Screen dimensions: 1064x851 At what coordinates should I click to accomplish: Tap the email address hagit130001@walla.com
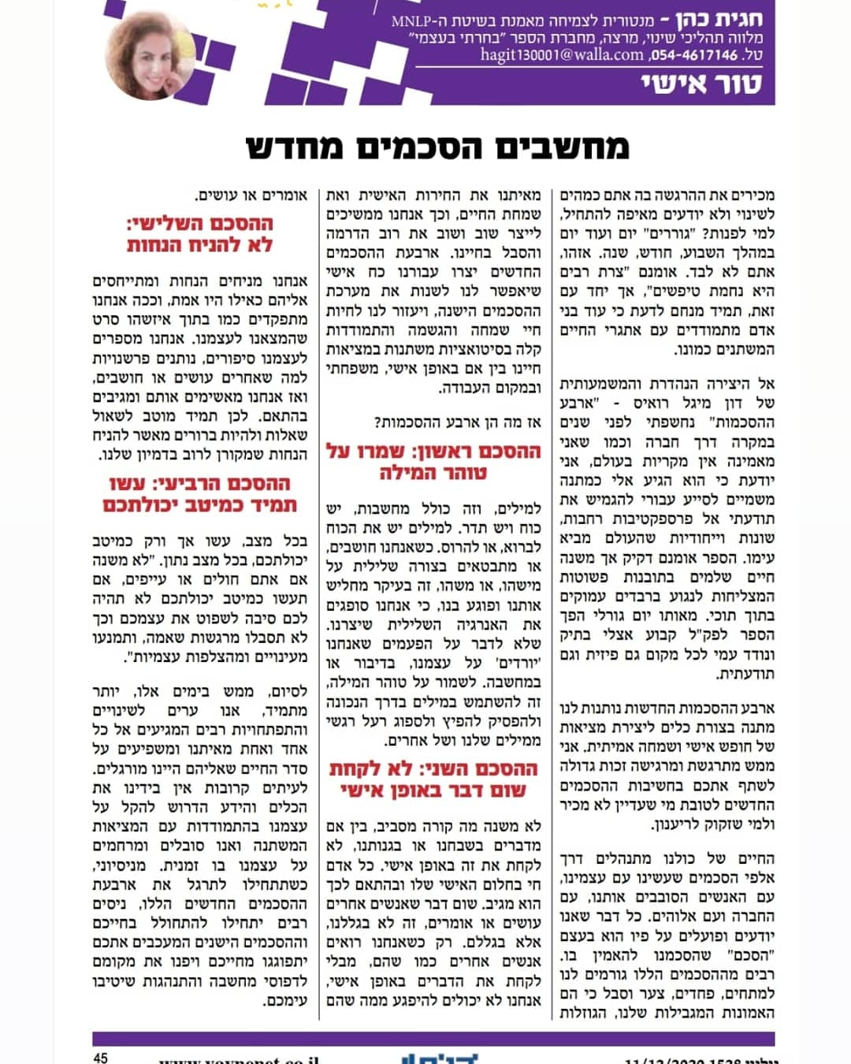[562, 54]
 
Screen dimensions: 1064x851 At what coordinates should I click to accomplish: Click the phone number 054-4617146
[696, 55]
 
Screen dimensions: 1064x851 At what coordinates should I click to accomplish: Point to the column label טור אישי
[701, 84]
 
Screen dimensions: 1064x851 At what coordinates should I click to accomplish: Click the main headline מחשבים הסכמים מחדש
[437, 147]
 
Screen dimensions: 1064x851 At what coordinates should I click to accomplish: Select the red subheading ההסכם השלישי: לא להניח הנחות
[200, 234]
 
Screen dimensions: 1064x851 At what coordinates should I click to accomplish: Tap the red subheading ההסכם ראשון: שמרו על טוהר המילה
[433, 462]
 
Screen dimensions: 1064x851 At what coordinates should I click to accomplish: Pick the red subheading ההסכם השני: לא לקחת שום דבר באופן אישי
[433, 779]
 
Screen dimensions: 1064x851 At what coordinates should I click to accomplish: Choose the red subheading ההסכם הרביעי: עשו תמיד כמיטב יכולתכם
[200, 494]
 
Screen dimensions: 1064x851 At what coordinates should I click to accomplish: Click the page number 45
[100, 1058]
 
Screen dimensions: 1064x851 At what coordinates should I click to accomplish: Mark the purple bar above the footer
[433, 1038]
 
